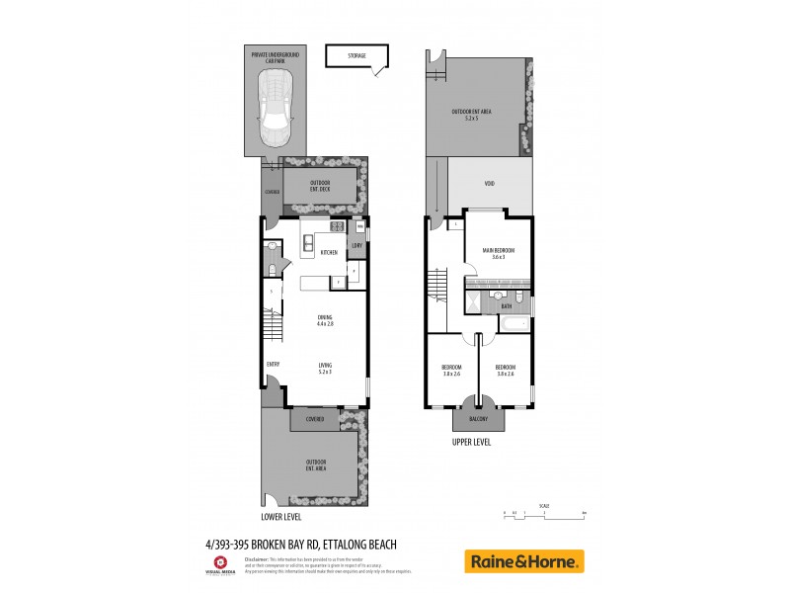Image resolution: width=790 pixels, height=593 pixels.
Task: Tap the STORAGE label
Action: coord(356,56)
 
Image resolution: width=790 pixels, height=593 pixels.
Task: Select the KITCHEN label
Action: coord(329,253)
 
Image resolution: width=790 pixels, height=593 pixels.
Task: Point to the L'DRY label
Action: coord(356,245)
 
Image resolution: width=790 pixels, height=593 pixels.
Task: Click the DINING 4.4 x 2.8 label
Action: coord(325,320)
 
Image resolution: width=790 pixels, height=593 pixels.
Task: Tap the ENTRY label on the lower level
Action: coord(273,364)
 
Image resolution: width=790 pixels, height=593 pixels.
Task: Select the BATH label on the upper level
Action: coord(506,306)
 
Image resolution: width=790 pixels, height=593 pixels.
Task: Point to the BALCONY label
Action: coord(478,419)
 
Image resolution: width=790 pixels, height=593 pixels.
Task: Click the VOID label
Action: coord(490,183)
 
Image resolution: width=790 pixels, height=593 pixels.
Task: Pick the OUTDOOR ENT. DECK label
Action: coord(320,186)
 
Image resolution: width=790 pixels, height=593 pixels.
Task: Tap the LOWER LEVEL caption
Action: coord(280,517)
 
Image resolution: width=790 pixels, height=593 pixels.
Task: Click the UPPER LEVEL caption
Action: coord(471,443)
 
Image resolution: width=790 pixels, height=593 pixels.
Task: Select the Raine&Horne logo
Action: coord(523,561)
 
